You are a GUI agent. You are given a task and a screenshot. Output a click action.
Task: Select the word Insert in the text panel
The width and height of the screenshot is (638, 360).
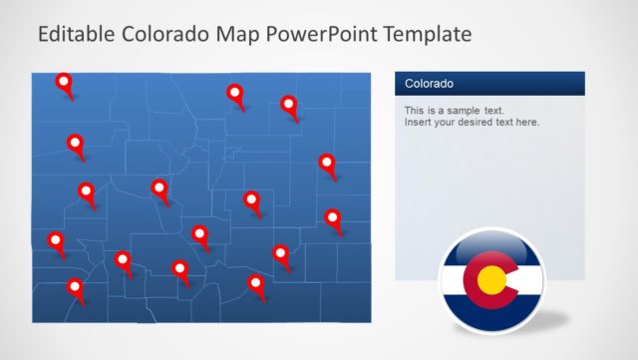point(419,122)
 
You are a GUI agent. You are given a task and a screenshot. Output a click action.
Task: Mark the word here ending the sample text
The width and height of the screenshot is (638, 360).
point(525,122)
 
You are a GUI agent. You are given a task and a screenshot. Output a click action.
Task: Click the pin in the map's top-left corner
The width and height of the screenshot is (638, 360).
point(65,83)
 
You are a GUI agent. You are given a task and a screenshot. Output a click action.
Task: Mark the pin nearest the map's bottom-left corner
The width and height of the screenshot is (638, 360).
point(75,288)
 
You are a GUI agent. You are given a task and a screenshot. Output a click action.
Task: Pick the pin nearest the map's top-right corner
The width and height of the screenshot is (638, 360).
point(289,104)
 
